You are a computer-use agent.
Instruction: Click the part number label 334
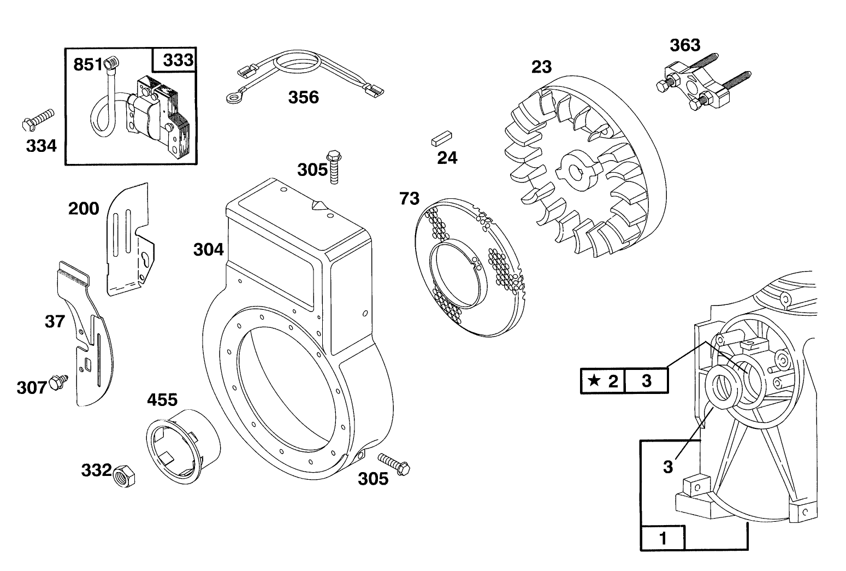point(41,146)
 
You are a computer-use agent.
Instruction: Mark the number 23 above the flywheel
point(541,67)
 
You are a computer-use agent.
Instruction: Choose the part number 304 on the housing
point(208,250)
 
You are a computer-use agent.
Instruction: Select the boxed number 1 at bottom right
point(662,538)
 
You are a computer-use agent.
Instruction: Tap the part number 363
point(685,45)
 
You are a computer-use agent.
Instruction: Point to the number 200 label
point(84,209)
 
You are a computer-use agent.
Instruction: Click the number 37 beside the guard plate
point(55,321)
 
